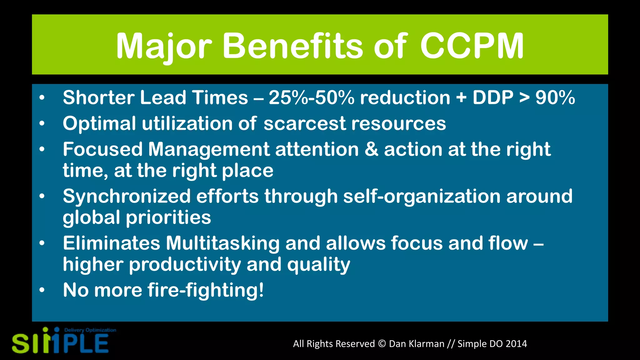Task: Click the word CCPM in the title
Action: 472,46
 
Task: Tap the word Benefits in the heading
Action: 292,46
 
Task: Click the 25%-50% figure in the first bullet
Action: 312,97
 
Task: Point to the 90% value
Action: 555,97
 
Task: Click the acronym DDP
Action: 493,97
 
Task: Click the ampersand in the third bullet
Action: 371,149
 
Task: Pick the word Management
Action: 209,150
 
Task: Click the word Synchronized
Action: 127,196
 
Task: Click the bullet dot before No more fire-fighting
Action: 42,290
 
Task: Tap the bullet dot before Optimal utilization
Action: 42,124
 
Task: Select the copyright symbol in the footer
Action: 382,344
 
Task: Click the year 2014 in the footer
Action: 516,344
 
